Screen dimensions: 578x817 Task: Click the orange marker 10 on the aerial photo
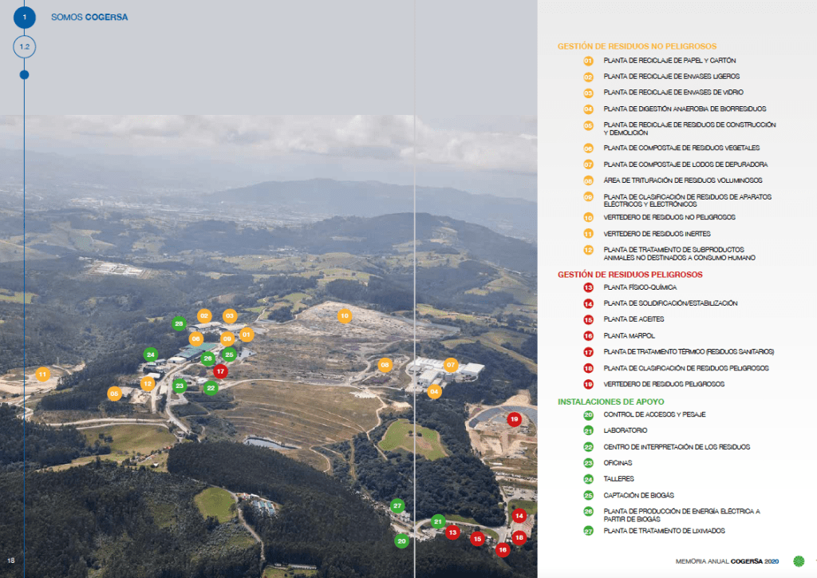click(x=345, y=315)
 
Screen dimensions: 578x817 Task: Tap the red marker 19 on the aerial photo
click(x=514, y=418)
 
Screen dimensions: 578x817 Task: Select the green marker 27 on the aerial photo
click(x=397, y=505)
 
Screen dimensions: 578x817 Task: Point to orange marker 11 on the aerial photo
click(x=43, y=373)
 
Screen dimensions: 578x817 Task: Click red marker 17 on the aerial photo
click(x=221, y=370)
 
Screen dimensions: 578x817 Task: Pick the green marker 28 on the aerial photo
click(x=179, y=323)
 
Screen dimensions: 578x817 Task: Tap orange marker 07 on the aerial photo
click(x=451, y=365)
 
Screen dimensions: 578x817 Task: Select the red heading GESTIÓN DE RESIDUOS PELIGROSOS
click(x=630, y=274)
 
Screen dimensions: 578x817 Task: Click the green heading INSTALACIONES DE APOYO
click(x=610, y=401)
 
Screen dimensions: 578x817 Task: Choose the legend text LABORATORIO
click(x=626, y=430)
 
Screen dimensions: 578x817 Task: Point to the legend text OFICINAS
click(x=618, y=462)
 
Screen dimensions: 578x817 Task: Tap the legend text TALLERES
click(x=619, y=478)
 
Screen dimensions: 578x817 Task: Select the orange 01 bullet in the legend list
click(x=588, y=61)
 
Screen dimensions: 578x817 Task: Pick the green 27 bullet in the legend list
click(x=588, y=531)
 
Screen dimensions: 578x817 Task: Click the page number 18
click(x=11, y=560)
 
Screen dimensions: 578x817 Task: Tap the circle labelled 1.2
click(x=24, y=47)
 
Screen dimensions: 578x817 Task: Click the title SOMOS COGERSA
click(x=89, y=17)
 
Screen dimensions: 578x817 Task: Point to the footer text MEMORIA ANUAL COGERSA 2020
click(x=726, y=560)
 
